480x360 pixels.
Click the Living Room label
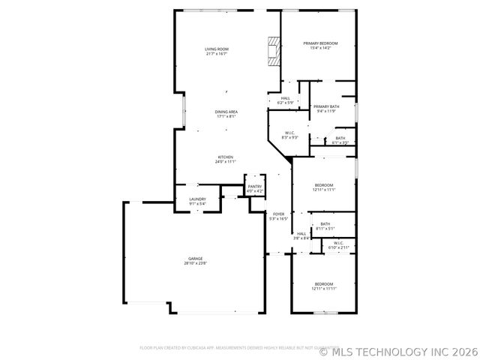tap(216, 49)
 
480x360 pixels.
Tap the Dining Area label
tap(226, 111)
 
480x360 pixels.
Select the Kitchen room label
tap(226, 157)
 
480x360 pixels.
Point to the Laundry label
tap(197, 199)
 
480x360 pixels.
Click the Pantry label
tap(255, 187)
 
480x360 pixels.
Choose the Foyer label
tap(278, 214)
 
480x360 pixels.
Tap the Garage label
tap(195, 259)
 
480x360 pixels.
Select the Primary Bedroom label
tap(320, 43)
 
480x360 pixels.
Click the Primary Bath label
tap(326, 106)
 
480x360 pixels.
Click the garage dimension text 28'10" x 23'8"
tap(195, 263)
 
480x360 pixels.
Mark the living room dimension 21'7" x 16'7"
tap(216, 54)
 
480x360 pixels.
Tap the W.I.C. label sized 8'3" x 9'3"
tap(290, 133)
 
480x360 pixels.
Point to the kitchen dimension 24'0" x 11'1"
tap(226, 161)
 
